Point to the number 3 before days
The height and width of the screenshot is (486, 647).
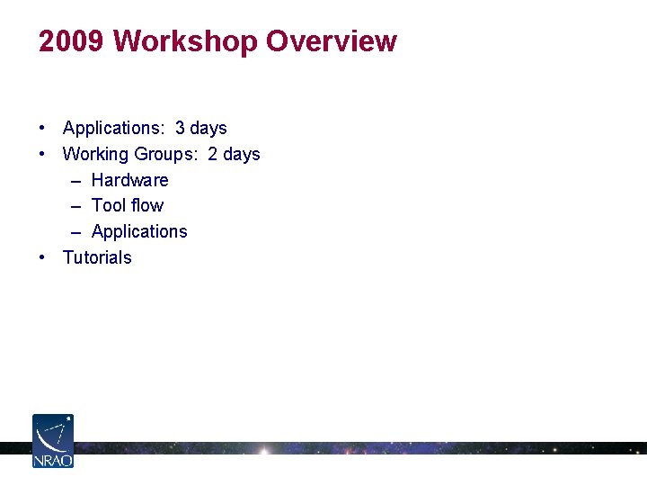click(x=181, y=128)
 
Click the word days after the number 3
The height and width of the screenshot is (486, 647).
click(x=208, y=128)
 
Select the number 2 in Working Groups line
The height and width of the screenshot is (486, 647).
click(x=213, y=154)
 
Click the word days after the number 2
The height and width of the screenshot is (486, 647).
click(x=241, y=154)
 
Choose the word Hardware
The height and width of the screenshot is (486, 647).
click(x=130, y=180)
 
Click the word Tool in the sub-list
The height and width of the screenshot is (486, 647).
click(x=108, y=205)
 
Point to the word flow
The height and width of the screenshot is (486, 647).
click(x=146, y=205)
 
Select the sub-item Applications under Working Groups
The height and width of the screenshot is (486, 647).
click(x=139, y=231)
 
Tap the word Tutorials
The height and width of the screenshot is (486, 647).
click(x=97, y=257)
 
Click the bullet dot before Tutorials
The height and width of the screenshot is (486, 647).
click(x=43, y=257)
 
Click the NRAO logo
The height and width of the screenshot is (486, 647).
click(x=53, y=440)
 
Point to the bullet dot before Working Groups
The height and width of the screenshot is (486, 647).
click(x=43, y=154)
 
